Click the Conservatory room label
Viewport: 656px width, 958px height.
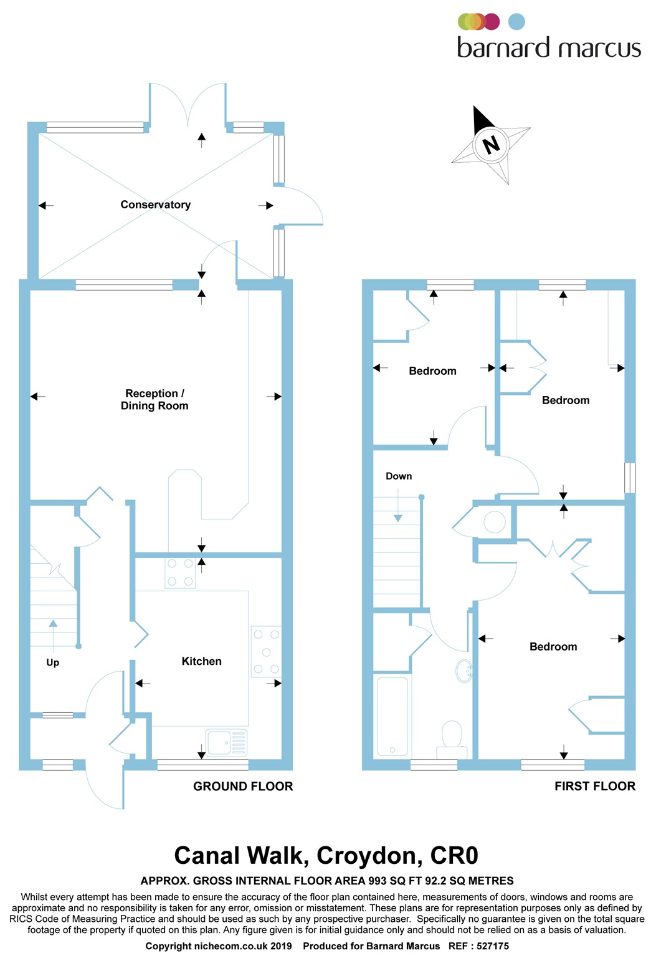[155, 205]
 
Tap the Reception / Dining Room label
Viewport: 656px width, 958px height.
[154, 399]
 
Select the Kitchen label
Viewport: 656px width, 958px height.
[201, 661]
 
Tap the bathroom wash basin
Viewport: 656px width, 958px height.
[464, 671]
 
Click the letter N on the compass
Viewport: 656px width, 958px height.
[492, 145]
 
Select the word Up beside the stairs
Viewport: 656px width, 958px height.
[53, 662]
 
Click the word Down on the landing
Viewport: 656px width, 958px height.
[399, 476]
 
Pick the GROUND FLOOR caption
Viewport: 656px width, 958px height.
[243, 786]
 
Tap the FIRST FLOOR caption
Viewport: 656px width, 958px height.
[595, 786]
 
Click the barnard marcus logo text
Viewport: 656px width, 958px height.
[548, 48]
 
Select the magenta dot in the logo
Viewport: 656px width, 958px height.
[492, 22]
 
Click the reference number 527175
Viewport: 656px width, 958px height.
[493, 946]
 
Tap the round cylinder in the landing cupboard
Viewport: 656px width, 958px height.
[495, 521]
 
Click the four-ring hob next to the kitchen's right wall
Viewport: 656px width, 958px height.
[266, 652]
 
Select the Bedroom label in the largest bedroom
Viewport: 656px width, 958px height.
[553, 647]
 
